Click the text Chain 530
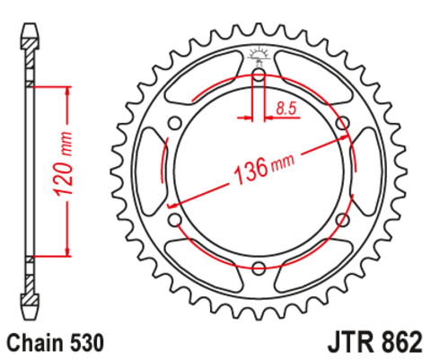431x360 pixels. click(55, 342)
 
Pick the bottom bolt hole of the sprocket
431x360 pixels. click(259, 267)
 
